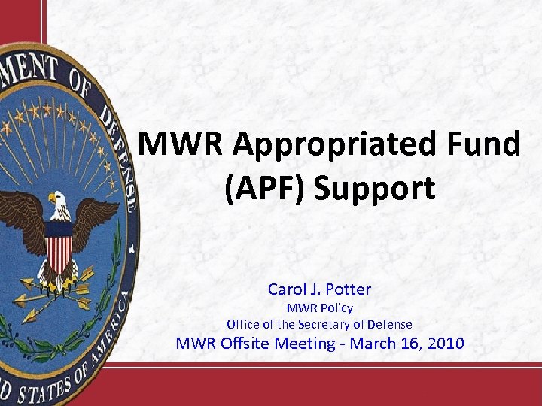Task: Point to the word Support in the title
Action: coord(373,189)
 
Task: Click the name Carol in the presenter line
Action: coord(285,289)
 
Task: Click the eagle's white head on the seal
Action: coord(57,201)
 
